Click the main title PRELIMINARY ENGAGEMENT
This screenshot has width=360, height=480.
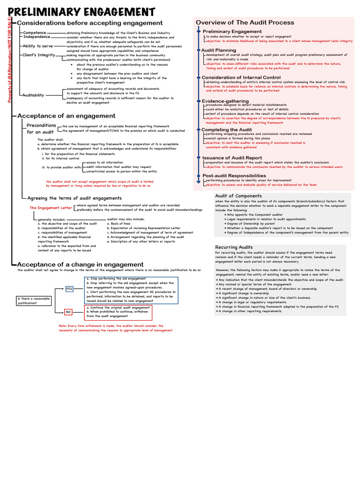pos(82,11)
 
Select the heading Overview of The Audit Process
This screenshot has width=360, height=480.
pos(245,22)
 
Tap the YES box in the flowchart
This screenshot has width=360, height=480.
pos(69,288)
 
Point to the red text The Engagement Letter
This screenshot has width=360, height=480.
pos(51,208)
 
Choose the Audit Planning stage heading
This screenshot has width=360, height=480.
pos(218,50)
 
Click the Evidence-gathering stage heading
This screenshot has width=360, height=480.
pos(225,101)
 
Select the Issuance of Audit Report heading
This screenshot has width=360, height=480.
pos(232,158)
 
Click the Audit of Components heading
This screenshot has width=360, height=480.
pos(238,196)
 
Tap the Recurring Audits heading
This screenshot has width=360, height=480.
pos(234,247)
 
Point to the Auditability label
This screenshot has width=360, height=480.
pos(34,95)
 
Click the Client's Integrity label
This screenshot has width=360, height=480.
pos(39,55)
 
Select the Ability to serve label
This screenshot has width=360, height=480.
pos(38,46)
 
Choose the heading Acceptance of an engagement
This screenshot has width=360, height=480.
pos(66,116)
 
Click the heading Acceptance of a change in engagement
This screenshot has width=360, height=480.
pos(80,264)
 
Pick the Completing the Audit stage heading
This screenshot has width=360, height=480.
pos(226,129)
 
